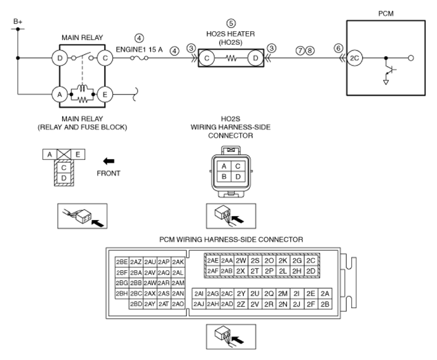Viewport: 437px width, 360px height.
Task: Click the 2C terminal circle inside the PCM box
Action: point(354,58)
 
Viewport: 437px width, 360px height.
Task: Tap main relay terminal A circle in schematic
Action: point(60,94)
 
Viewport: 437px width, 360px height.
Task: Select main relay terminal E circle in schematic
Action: point(105,94)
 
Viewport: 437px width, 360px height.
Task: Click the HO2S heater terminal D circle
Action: point(256,58)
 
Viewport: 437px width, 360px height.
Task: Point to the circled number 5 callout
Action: point(231,24)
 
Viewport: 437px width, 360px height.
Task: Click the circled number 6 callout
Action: point(338,48)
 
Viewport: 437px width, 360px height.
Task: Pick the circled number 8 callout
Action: point(310,51)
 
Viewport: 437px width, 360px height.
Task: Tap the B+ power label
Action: point(18,21)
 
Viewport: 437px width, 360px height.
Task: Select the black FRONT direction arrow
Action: point(109,161)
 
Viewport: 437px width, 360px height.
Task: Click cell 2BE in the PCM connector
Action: point(122,261)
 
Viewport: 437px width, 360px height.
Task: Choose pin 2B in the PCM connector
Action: point(325,304)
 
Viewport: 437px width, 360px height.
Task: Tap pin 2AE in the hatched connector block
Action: point(213,260)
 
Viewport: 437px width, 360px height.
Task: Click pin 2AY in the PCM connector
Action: point(150,304)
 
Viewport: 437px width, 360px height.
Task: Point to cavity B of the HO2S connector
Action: point(224,176)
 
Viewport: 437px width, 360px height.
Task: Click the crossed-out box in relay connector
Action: point(64,154)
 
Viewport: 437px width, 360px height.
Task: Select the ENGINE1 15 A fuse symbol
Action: point(139,58)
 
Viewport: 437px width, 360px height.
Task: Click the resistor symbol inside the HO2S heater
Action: point(231,58)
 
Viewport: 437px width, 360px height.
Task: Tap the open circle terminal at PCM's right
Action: point(411,58)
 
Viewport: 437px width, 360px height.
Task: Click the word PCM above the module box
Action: point(386,14)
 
